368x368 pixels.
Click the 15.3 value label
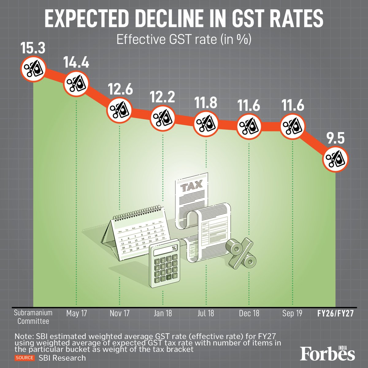click(33, 48)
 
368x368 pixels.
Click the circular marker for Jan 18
click(163, 117)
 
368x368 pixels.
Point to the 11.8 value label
click(206, 103)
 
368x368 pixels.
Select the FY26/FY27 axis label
click(335, 313)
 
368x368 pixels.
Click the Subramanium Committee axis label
click(33, 317)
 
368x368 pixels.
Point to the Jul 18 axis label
click(206, 313)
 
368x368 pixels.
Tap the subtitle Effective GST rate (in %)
click(184, 40)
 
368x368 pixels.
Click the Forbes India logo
click(328, 353)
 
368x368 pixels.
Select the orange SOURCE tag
click(24, 358)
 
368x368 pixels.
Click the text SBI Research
click(62, 358)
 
